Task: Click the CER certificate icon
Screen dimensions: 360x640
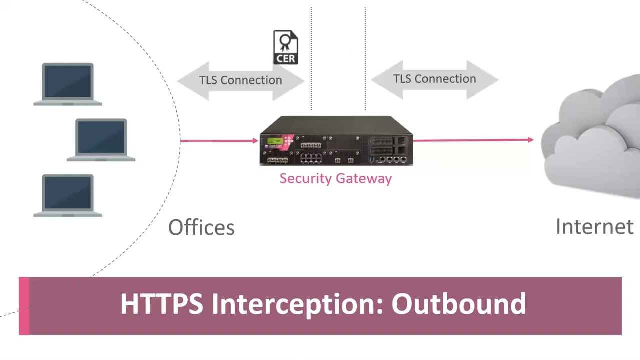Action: (285, 47)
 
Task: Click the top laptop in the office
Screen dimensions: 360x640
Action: (68, 84)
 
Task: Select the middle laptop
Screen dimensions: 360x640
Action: (101, 140)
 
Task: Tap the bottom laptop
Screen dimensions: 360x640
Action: (68, 195)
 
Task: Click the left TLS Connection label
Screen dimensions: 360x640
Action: (240, 80)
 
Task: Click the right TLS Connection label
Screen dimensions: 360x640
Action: (434, 79)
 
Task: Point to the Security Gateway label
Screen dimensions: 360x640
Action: (335, 179)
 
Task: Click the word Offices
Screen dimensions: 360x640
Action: (201, 228)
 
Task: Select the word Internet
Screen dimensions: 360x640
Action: (594, 227)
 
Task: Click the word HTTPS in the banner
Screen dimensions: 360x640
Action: (161, 304)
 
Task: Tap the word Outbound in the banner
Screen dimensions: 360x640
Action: (458, 304)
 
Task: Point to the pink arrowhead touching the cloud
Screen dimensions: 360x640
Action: (530, 140)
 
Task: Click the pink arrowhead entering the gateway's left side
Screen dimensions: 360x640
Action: (255, 141)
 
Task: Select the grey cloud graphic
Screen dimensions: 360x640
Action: (592, 137)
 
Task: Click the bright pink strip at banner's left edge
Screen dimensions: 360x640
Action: (24, 306)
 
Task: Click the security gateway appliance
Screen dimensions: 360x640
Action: (336, 141)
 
